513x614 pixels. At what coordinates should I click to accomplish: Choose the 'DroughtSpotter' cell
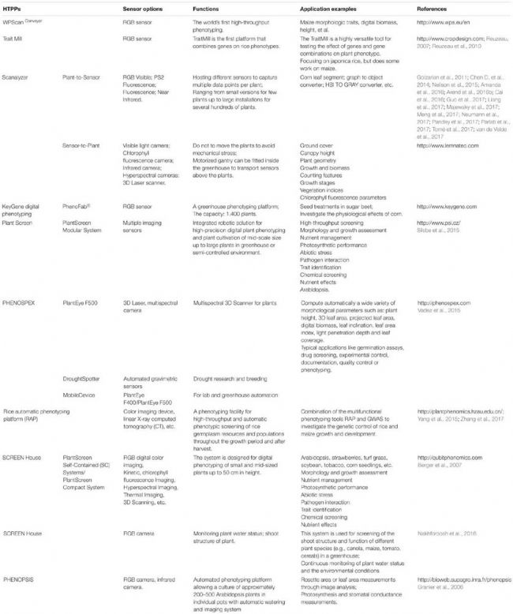click(84, 357)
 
